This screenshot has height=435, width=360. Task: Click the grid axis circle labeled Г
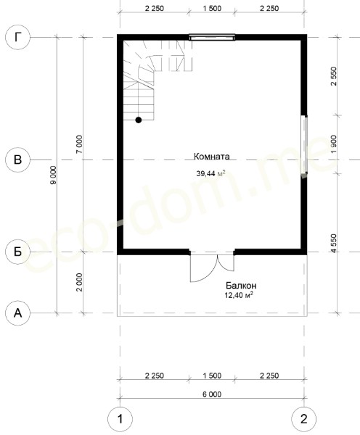[x=17, y=37]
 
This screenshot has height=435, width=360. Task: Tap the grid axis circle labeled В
[x=17, y=159]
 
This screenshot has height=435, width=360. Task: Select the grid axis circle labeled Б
[x=17, y=252]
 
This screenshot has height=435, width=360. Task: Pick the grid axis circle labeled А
[x=17, y=313]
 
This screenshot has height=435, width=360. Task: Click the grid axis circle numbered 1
[x=120, y=419]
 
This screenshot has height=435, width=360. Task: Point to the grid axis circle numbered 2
[x=304, y=419]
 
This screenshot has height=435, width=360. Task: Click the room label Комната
[x=212, y=157]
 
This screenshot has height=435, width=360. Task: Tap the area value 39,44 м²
[x=210, y=174]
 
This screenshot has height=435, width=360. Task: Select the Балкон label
[x=241, y=285]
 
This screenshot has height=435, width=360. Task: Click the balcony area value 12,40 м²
[x=239, y=295]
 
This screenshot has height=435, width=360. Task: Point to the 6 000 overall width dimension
[x=212, y=394]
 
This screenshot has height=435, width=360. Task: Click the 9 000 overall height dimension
[x=53, y=175]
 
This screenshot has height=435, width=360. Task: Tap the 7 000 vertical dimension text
[x=79, y=144]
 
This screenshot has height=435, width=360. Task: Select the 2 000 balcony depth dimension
[x=79, y=282]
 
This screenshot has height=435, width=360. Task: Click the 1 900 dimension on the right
[x=334, y=144]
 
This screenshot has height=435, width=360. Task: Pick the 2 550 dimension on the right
[x=334, y=76]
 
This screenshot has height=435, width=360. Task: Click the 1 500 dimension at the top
[x=212, y=8]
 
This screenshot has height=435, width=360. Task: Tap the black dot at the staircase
[x=139, y=120]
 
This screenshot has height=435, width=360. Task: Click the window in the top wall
[x=212, y=37]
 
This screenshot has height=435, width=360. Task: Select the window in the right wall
[x=304, y=144]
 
